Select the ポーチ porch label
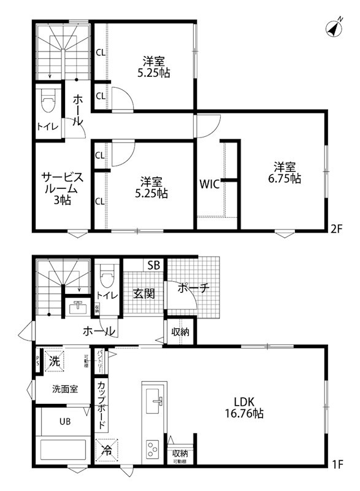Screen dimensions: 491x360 [x=194, y=287]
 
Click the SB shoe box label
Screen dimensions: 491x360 [x=154, y=265]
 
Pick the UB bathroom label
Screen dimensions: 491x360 [x=64, y=422]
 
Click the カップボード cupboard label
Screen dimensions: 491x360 [x=102, y=405]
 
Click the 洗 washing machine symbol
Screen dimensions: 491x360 [x=55, y=361]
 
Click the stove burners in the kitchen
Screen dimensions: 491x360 [x=151, y=451]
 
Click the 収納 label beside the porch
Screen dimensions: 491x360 [x=180, y=332]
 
